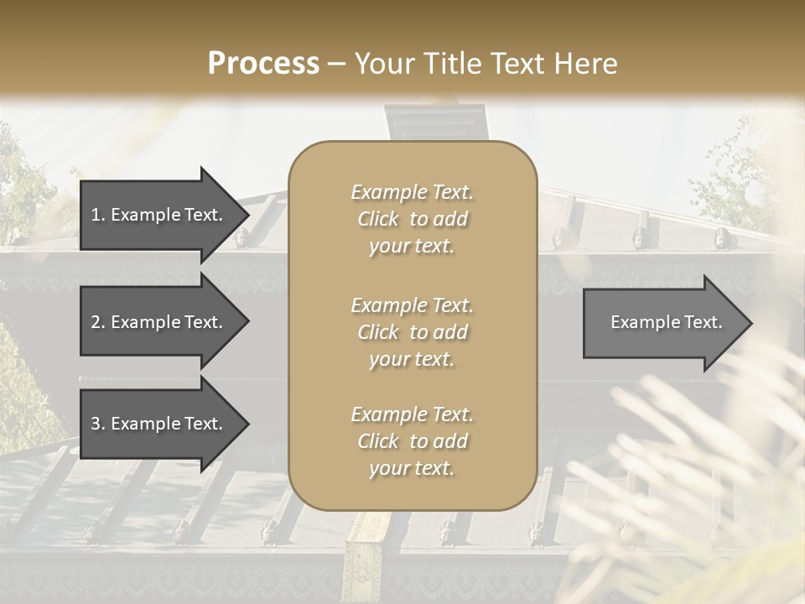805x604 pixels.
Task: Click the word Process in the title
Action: (x=263, y=64)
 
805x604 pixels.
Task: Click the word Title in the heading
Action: (x=459, y=64)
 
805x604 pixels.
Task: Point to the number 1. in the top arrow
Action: (x=97, y=215)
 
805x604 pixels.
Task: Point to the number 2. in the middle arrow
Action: (x=97, y=322)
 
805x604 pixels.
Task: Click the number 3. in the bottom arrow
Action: (x=97, y=424)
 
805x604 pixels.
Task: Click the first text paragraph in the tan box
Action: (x=412, y=219)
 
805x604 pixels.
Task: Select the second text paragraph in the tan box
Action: (x=412, y=332)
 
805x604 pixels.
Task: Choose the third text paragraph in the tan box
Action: (x=412, y=441)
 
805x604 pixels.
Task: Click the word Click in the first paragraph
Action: (x=378, y=219)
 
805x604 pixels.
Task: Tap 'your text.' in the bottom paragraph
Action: (x=412, y=469)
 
